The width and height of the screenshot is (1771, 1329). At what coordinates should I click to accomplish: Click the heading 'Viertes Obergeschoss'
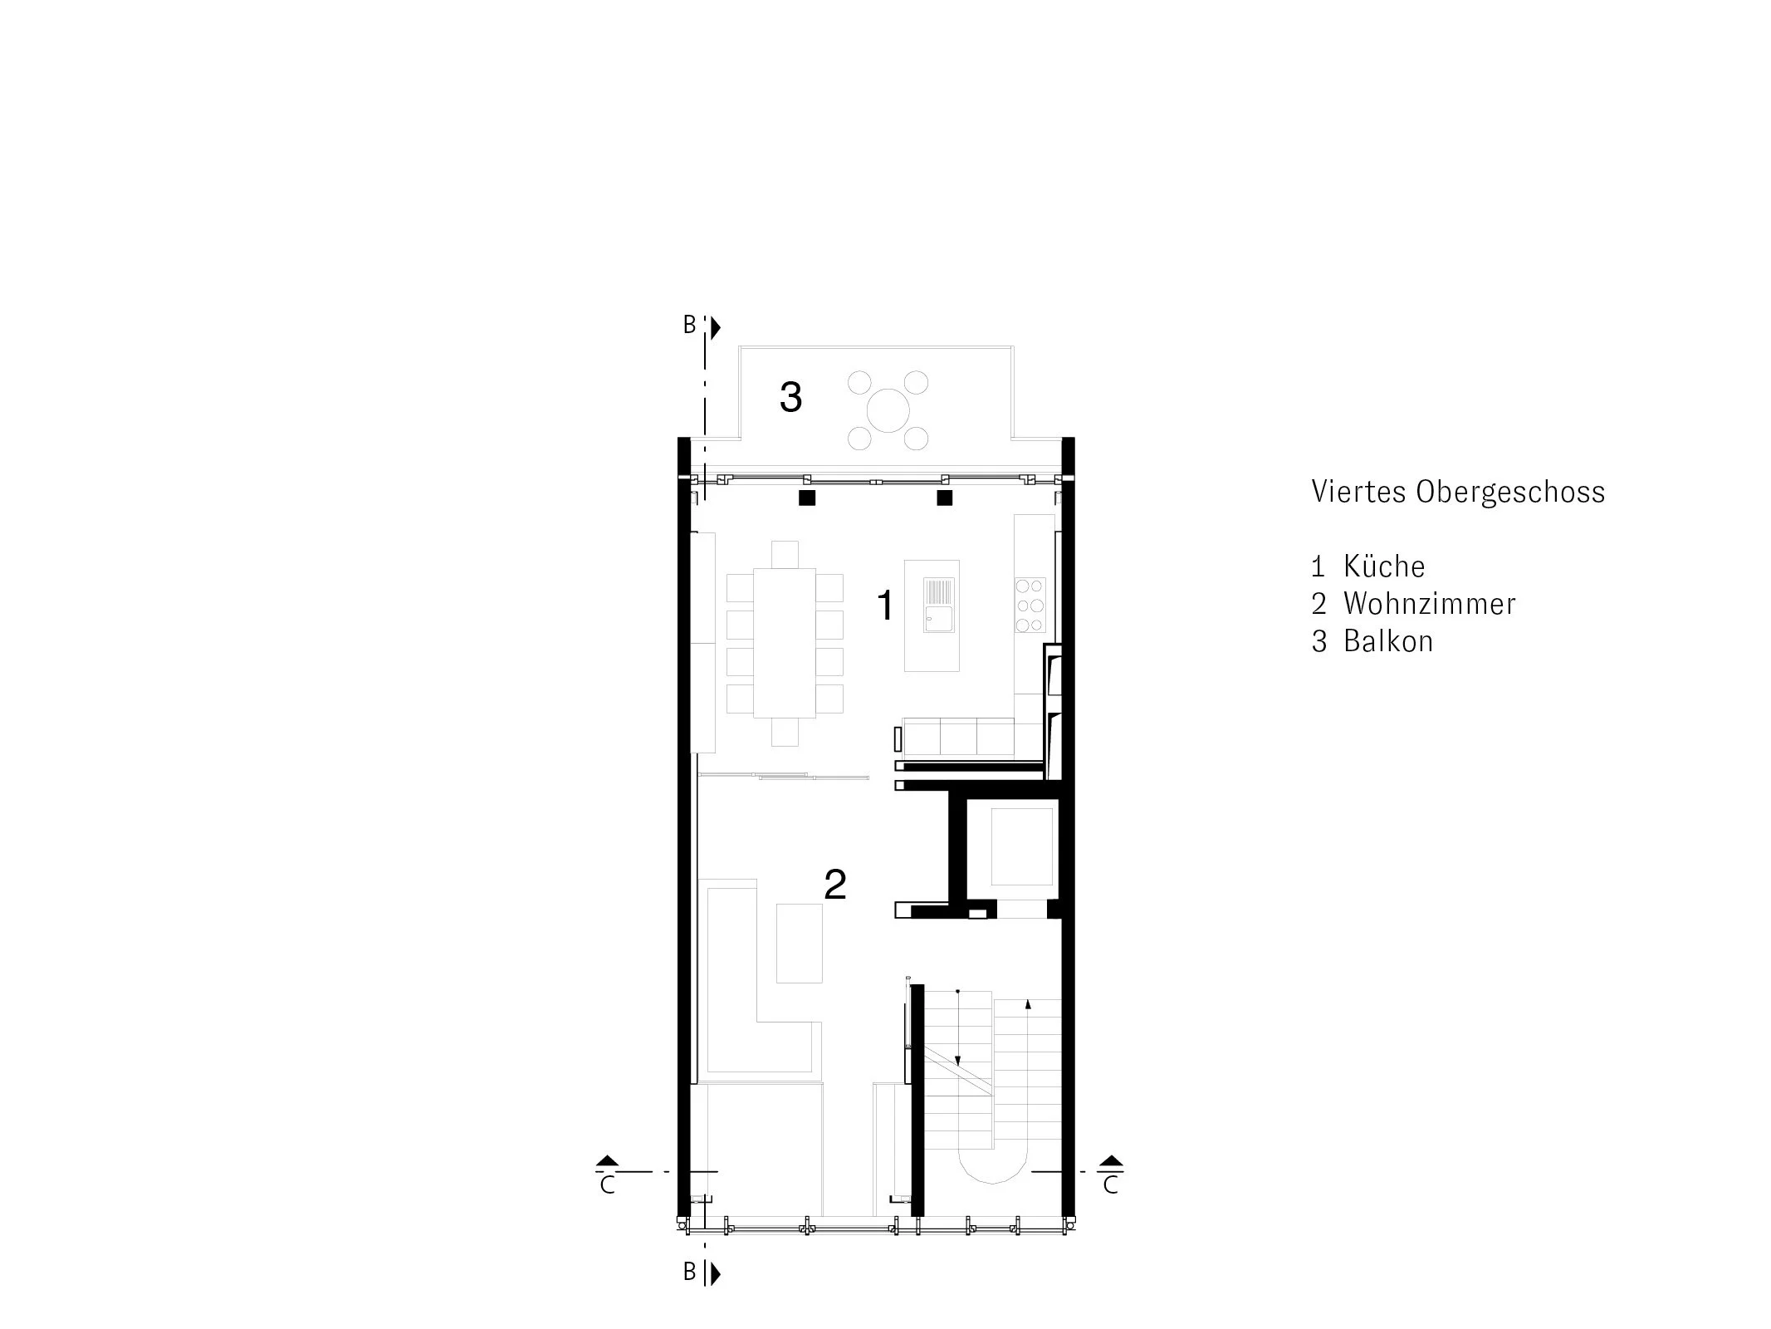(1457, 492)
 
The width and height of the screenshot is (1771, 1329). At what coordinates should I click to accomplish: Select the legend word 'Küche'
(1384, 566)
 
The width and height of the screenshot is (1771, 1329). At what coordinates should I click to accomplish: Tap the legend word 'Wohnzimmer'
(1429, 604)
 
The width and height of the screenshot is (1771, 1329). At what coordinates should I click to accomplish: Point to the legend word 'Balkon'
(1388, 641)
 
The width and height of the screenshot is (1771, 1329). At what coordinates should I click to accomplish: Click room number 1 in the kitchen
(885, 605)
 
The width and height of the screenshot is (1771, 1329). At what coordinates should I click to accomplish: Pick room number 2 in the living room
(834, 885)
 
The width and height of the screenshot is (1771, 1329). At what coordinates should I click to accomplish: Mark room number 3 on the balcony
(790, 397)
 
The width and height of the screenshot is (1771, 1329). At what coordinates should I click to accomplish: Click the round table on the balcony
(888, 410)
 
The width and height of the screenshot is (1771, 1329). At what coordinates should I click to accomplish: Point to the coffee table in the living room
(799, 943)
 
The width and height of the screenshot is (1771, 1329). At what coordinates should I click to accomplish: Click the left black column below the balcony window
(806, 498)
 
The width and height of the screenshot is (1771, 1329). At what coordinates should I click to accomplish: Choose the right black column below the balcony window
(944, 498)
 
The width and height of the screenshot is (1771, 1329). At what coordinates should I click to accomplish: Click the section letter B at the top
(689, 326)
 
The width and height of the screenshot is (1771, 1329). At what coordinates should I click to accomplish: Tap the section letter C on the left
(607, 1185)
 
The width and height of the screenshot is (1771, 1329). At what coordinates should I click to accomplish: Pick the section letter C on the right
(1111, 1185)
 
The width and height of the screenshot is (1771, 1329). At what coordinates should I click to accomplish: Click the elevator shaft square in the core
(1022, 847)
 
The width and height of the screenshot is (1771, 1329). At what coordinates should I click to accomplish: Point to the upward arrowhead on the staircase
(1028, 1004)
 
